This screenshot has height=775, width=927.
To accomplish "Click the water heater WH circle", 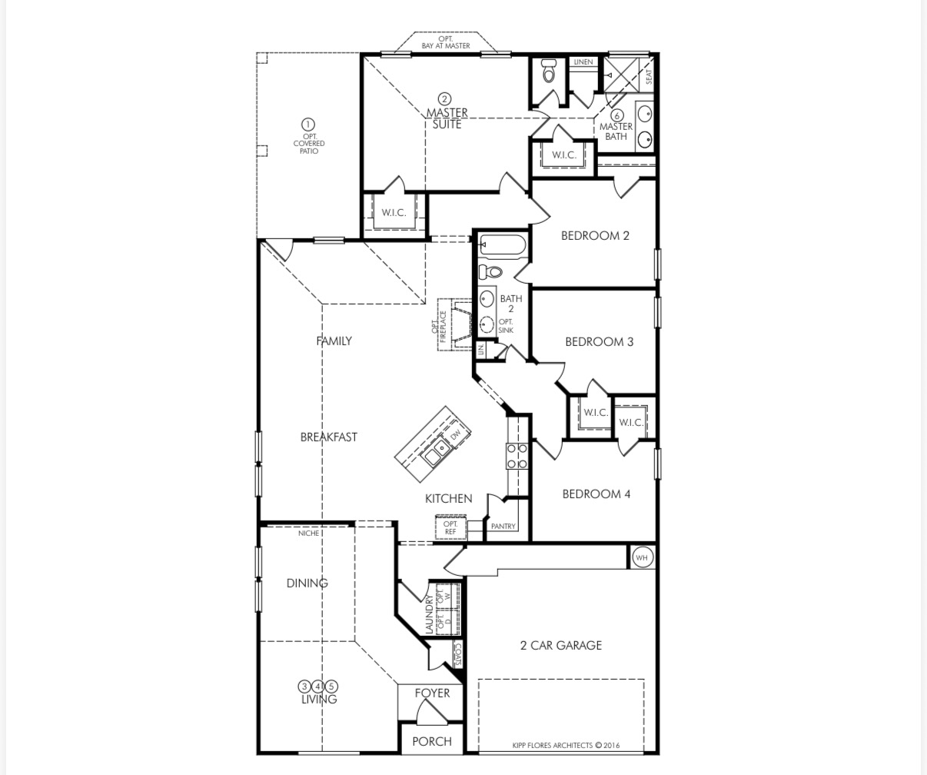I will pyautogui.click(x=642, y=557).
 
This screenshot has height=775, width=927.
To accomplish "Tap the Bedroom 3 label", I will pyautogui.click(x=599, y=341).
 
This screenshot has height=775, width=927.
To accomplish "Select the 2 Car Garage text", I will pyautogui.click(x=560, y=645).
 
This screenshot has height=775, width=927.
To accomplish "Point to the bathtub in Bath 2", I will pyautogui.click(x=503, y=246).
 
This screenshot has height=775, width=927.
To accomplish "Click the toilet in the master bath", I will pyautogui.click(x=549, y=72).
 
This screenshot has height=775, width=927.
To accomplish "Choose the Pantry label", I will pyautogui.click(x=503, y=527).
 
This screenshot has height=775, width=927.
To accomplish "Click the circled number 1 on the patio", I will pyautogui.click(x=308, y=125).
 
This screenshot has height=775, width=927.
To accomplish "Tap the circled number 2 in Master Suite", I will pyautogui.click(x=444, y=99).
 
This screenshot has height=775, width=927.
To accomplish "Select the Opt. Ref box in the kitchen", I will pyautogui.click(x=450, y=528).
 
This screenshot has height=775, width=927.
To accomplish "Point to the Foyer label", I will pyautogui.click(x=432, y=693).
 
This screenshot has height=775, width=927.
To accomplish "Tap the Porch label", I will pyautogui.click(x=432, y=741).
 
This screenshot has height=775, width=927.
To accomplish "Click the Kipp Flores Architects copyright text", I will pyautogui.click(x=566, y=745).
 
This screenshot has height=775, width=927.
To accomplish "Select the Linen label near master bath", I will pyautogui.click(x=583, y=62).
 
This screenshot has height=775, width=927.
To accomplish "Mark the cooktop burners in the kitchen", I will pyautogui.click(x=517, y=456).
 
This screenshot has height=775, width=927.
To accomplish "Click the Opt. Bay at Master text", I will pyautogui.click(x=445, y=42).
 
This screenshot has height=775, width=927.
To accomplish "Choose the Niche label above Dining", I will pyautogui.click(x=307, y=533).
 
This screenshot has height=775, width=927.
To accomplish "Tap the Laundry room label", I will pyautogui.click(x=430, y=616).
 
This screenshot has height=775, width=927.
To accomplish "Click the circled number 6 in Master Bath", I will pyautogui.click(x=616, y=115).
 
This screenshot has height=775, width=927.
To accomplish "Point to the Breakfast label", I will pyautogui.click(x=328, y=437).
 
